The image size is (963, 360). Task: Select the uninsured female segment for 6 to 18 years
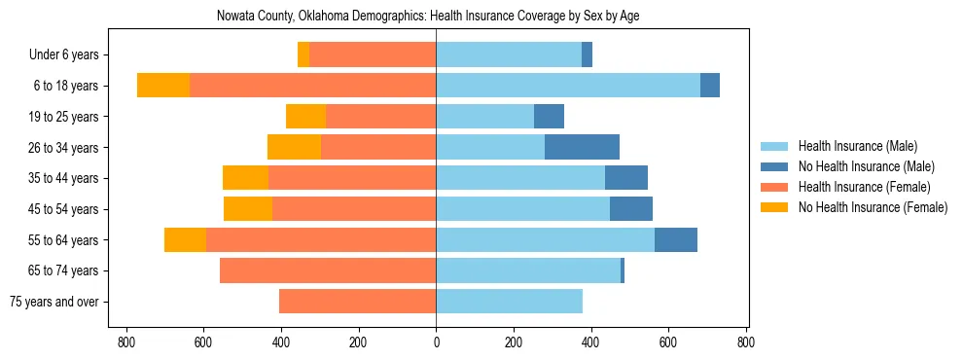point(163,86)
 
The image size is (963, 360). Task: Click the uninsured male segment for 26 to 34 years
point(582,147)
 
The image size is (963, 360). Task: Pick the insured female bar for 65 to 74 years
point(328,270)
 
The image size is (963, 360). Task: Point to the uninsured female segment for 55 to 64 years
point(185,239)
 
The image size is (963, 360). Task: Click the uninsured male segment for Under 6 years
point(587,54)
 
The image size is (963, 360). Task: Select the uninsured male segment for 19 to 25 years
point(549,116)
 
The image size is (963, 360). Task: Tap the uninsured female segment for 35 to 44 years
point(245,178)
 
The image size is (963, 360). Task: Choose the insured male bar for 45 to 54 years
point(522,209)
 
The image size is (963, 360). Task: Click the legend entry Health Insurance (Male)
point(857,146)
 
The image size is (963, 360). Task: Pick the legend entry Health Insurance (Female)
point(864,187)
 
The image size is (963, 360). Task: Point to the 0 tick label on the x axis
point(436,342)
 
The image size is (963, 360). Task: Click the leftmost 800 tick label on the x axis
point(125,342)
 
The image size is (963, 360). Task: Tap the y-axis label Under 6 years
point(70,55)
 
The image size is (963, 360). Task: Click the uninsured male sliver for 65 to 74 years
point(623,270)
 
